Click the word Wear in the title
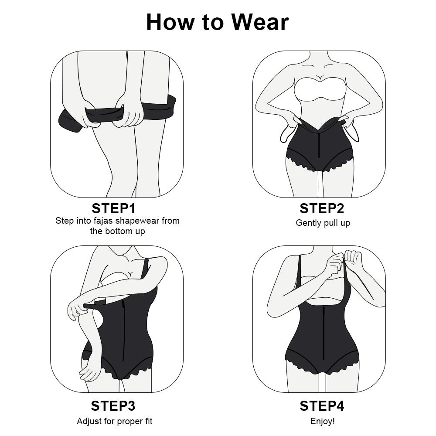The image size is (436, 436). point(259,22)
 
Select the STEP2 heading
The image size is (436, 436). point(322,208)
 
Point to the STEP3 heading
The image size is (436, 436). point(113,406)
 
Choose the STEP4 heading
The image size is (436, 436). point(322,406)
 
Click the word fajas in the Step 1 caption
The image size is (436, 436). point(103,221)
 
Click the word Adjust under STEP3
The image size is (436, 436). point(89,421)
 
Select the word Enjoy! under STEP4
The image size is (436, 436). point(323,421)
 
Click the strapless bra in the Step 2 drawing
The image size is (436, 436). point(320,91)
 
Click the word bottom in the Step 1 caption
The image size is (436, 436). point(118,231)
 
